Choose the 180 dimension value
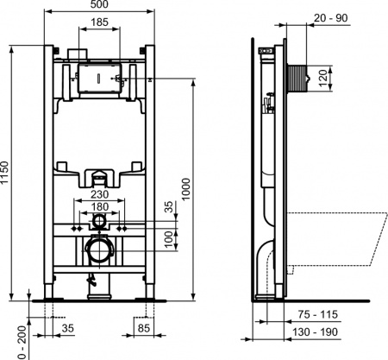point(101,208)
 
